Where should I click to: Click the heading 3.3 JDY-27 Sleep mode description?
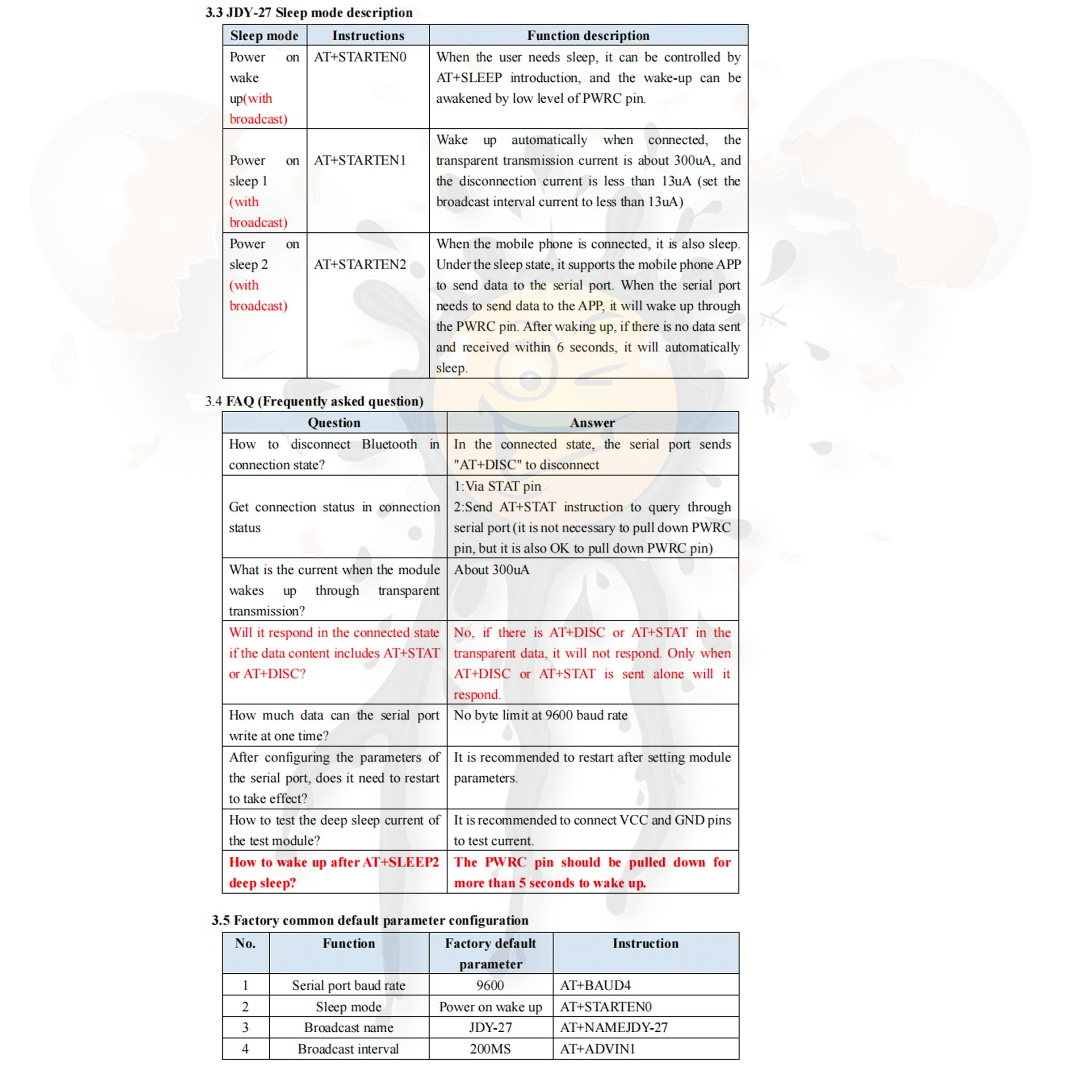click(x=309, y=13)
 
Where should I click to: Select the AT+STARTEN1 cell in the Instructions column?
click(x=360, y=160)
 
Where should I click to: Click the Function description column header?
click(x=588, y=36)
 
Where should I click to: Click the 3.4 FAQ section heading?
click(x=314, y=401)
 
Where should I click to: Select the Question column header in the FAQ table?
click(x=334, y=423)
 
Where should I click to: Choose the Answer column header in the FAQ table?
click(x=592, y=423)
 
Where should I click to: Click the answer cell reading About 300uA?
click(x=492, y=570)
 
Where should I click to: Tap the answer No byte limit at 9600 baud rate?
click(x=540, y=715)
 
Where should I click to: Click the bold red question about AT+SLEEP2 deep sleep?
click(x=334, y=872)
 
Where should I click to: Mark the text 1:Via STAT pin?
click(x=497, y=486)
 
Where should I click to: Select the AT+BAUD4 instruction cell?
click(x=595, y=985)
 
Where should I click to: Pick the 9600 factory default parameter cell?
click(x=490, y=985)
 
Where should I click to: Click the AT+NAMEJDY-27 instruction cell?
click(x=614, y=1028)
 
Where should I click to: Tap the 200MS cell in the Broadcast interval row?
click(x=490, y=1049)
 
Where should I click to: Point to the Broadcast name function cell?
click(x=348, y=1028)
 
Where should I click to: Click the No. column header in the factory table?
click(x=245, y=944)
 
